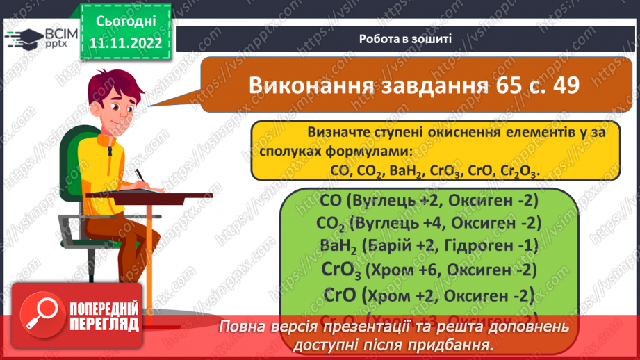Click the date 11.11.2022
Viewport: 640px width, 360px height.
(x=126, y=42)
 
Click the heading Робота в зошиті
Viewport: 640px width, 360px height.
(x=406, y=39)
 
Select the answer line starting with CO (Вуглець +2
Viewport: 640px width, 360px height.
(x=430, y=202)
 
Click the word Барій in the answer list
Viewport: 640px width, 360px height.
(x=391, y=247)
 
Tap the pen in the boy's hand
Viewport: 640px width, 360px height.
(x=141, y=175)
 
